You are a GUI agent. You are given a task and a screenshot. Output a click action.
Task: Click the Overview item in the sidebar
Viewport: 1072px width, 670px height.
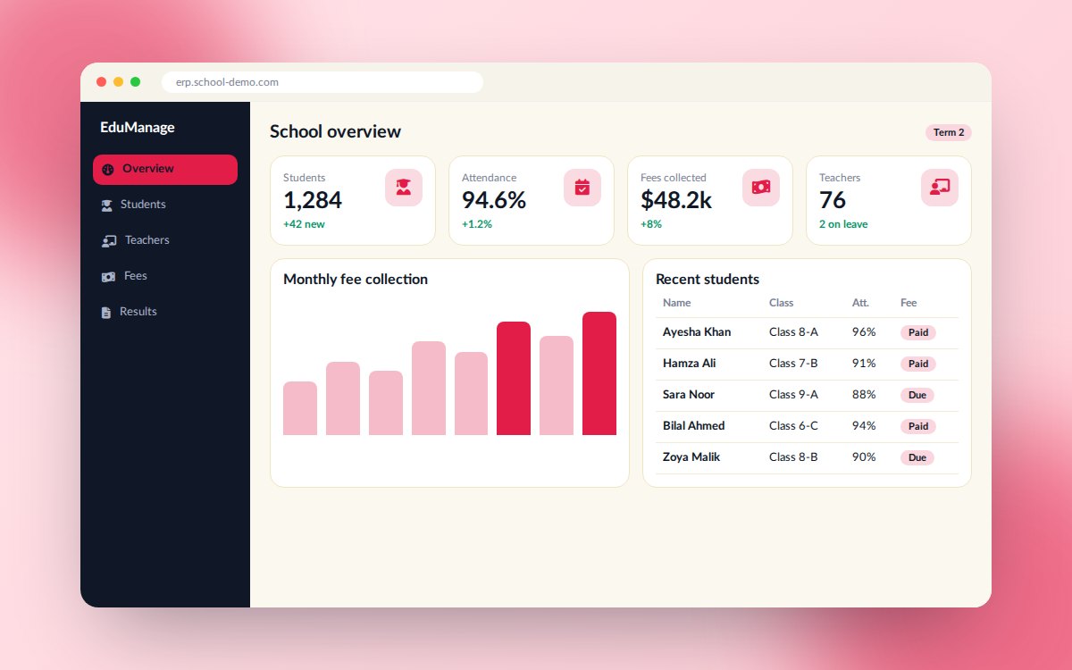click(x=165, y=170)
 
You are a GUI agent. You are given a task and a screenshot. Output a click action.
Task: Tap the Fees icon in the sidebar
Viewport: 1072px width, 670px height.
click(x=108, y=277)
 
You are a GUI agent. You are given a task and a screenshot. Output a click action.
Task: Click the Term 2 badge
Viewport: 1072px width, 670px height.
click(x=948, y=132)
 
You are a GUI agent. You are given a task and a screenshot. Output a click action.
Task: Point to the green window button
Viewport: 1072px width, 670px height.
click(x=136, y=82)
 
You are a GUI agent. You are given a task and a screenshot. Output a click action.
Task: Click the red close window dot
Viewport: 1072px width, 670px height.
click(x=102, y=82)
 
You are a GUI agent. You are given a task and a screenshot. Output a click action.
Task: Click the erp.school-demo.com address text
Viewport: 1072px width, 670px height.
click(x=227, y=82)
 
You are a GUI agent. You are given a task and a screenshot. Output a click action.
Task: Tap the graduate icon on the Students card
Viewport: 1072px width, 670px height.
click(x=404, y=187)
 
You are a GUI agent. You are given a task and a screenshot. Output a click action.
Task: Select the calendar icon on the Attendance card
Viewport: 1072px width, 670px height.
click(x=582, y=187)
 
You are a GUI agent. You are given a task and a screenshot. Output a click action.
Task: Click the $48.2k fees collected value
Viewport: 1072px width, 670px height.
click(x=675, y=200)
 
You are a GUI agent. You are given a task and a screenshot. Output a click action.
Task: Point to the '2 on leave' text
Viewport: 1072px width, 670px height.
click(x=843, y=224)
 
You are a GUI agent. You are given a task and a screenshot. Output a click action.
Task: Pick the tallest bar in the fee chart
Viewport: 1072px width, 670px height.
click(x=599, y=373)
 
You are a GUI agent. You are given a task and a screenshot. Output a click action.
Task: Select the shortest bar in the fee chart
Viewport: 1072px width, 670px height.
click(x=300, y=408)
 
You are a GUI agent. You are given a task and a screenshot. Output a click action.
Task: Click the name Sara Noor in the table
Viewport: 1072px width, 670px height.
click(x=688, y=395)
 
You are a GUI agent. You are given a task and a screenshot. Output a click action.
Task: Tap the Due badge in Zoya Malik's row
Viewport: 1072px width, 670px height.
click(x=917, y=457)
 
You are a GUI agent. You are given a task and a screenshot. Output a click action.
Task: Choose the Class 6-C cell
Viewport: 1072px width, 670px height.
click(x=793, y=426)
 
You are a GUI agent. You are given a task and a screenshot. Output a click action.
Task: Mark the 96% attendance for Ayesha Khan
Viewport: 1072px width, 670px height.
click(x=864, y=332)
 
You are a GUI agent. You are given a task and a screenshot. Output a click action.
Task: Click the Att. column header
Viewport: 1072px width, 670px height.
click(x=860, y=303)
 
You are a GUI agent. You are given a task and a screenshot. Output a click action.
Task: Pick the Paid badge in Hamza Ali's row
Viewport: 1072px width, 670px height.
click(x=918, y=364)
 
